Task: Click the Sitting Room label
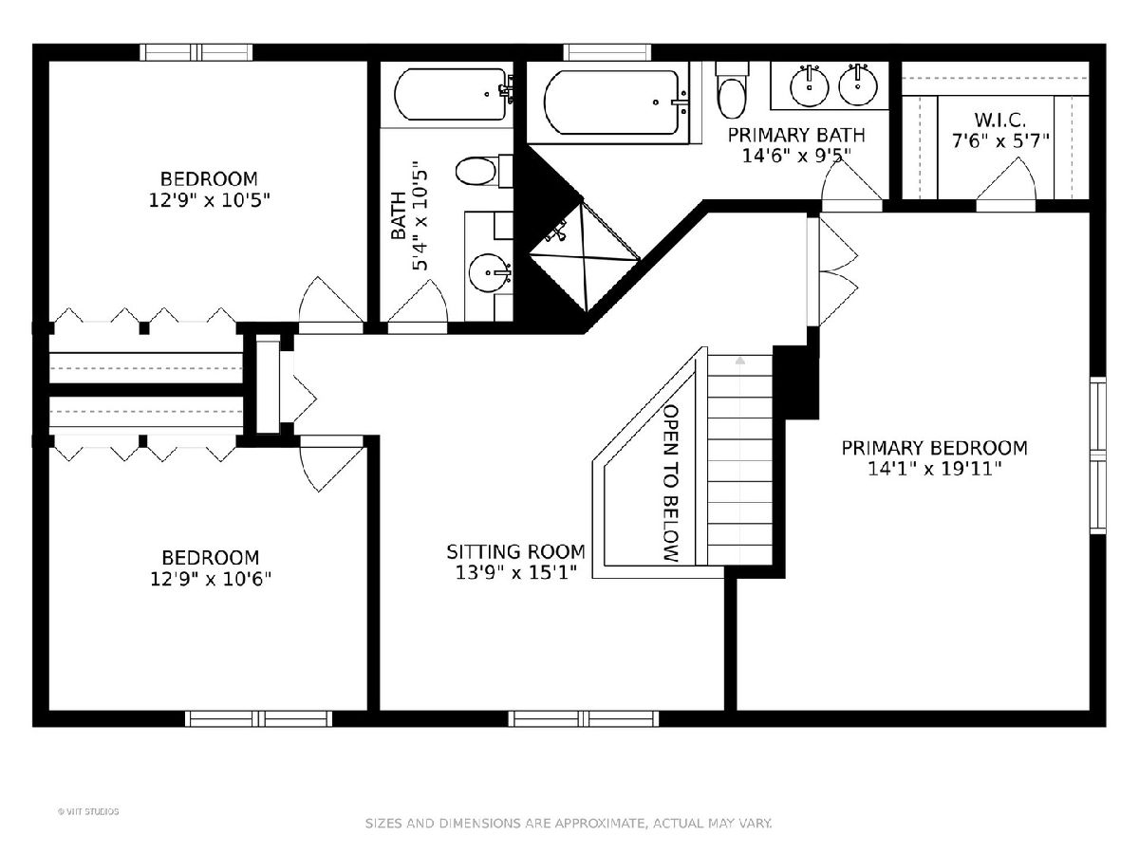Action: [x=515, y=551]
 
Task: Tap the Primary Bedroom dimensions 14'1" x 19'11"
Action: [x=934, y=469]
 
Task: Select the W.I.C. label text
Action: [x=999, y=120]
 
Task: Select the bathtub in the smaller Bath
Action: [x=453, y=94]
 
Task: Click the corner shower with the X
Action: [x=584, y=256]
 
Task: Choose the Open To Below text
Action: [x=671, y=483]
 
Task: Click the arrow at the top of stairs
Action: [x=740, y=361]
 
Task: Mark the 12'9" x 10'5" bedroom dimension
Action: [x=210, y=200]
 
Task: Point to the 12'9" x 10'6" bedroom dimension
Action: [x=211, y=579]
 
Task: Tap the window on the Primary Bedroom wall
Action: [x=1097, y=455]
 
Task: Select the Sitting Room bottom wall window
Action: [x=583, y=718]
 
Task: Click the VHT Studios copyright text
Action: [x=88, y=811]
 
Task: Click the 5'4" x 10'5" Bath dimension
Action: [x=420, y=221]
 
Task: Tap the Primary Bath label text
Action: [x=796, y=135]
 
